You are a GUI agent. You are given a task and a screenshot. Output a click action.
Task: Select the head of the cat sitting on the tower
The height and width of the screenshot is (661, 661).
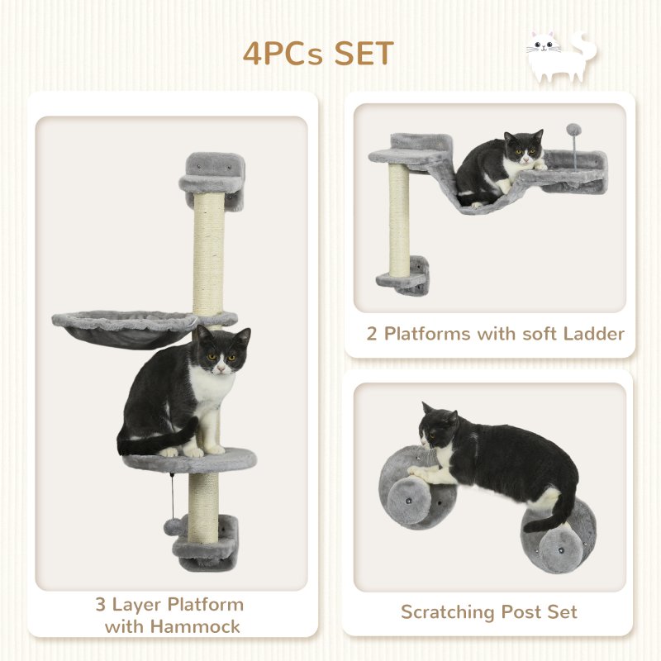(220, 350)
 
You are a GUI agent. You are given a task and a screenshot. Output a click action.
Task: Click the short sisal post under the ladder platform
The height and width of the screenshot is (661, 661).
(399, 218)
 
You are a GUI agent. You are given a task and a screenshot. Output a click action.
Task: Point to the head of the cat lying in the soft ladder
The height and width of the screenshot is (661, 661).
(524, 149)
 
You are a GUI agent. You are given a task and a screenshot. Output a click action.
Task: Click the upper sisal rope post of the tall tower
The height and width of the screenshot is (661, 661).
(208, 252)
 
